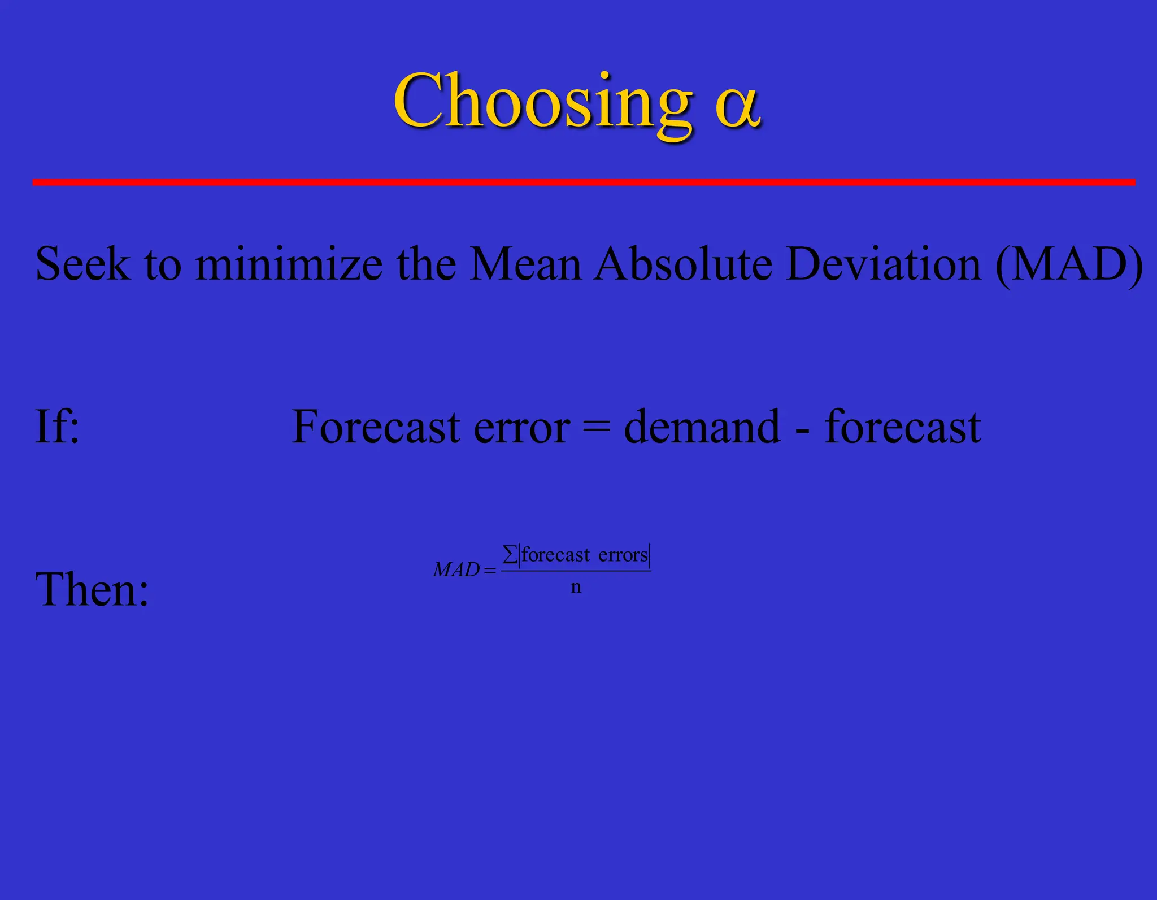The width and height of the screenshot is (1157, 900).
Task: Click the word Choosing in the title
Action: tap(542, 102)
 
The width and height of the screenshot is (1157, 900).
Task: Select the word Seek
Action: tap(82, 264)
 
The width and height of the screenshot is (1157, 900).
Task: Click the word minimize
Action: tap(289, 264)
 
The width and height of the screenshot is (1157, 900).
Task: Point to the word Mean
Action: tap(525, 264)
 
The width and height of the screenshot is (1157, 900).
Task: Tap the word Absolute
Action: tap(684, 264)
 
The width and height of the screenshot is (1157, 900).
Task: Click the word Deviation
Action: tap(884, 264)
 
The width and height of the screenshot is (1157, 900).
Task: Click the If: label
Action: tap(57, 427)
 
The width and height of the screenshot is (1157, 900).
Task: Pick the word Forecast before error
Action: tap(375, 427)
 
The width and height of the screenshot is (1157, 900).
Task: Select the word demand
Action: tap(702, 427)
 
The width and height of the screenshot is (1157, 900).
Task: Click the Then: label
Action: tap(92, 590)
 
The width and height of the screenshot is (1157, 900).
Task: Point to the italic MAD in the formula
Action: tap(456, 569)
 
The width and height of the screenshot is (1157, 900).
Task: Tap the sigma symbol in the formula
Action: tap(510, 554)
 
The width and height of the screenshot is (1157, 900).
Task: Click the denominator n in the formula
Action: tap(576, 588)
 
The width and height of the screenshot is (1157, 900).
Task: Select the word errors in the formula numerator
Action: tap(623, 555)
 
